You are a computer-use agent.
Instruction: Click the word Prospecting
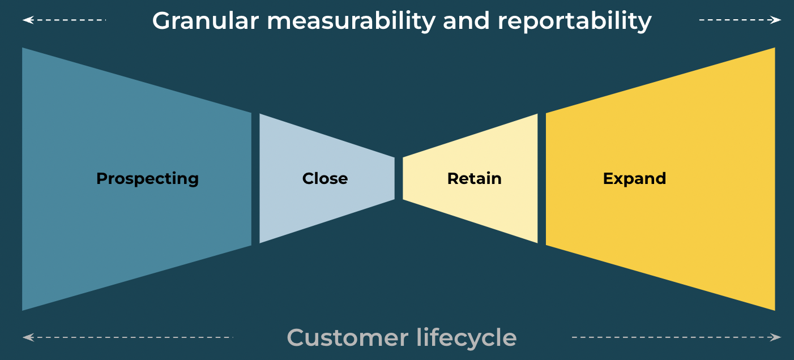coord(147,179)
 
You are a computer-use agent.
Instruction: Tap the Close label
coord(325,179)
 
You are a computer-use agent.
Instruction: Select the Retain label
coord(474,179)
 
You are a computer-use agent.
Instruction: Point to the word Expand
coord(634,179)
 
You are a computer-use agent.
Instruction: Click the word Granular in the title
coord(205,22)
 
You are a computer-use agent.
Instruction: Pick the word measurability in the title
coord(351,22)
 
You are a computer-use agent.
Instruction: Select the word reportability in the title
coord(574,22)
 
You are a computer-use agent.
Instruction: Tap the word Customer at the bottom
coord(347,338)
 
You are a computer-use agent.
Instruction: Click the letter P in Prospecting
coord(101,179)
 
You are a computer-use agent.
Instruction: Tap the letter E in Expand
coord(608,179)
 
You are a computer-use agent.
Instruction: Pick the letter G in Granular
coord(161,22)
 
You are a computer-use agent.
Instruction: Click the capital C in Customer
coord(297,338)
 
